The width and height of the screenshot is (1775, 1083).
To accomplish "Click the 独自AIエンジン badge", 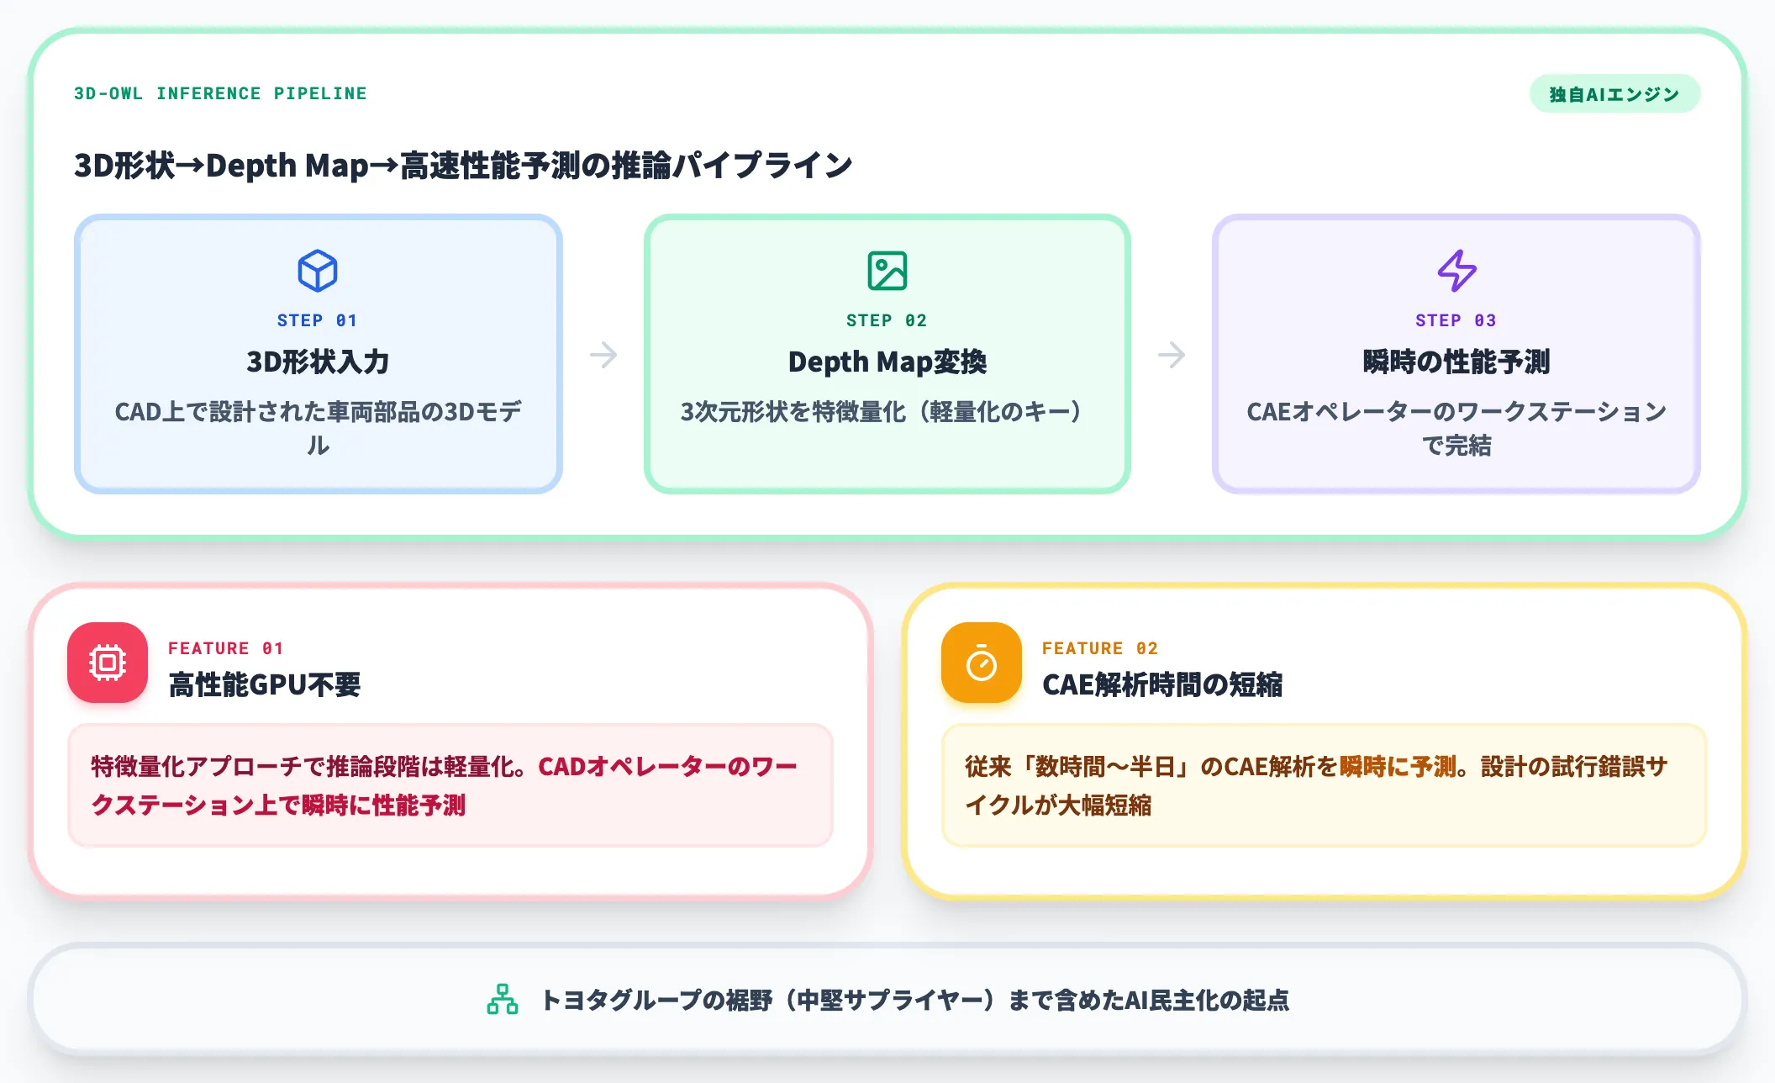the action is (1614, 94).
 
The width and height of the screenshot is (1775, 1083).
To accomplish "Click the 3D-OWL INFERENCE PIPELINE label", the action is (220, 93).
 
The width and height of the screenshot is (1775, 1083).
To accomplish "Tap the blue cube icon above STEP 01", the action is (318, 271).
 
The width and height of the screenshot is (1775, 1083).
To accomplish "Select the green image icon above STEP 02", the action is (887, 271).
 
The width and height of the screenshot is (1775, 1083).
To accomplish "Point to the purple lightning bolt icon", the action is (1456, 271).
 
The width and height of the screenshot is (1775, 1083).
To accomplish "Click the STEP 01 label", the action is (318, 320).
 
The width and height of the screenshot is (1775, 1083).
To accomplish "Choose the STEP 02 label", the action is (887, 320).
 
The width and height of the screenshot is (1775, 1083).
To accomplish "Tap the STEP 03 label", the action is (1456, 320).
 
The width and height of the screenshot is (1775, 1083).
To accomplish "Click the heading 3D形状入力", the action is (318, 362).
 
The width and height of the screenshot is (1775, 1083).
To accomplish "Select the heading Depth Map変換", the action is (887, 362).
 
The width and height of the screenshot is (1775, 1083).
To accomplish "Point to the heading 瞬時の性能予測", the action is (1456, 362).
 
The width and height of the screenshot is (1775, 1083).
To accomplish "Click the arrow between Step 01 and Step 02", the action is (603, 355).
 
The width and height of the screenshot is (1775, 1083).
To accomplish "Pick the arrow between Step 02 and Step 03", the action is (1172, 355).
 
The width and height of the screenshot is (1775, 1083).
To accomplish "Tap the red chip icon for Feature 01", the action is (108, 663).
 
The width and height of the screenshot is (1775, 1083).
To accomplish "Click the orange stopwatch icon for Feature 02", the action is (982, 663).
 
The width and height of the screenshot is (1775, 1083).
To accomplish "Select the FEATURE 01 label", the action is (226, 648).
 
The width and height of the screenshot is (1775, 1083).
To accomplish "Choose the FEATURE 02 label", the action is (1100, 648).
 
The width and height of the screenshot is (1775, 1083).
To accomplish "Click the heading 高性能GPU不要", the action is (265, 684).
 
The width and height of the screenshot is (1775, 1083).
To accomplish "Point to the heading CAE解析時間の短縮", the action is (1162, 684).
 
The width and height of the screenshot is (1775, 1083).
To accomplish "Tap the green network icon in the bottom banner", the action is (503, 999).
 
